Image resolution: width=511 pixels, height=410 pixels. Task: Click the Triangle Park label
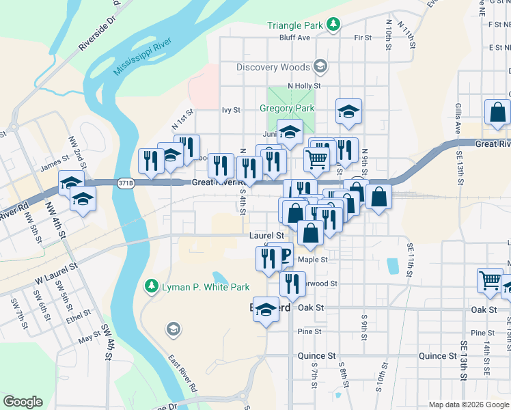[294, 25]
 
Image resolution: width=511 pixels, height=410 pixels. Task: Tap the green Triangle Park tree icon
[333, 25]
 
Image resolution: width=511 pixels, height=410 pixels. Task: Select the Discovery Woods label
[273, 67]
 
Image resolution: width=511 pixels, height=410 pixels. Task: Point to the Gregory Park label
[287, 108]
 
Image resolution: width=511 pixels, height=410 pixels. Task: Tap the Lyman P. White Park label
[205, 287]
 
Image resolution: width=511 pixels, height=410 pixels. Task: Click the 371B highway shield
[125, 182]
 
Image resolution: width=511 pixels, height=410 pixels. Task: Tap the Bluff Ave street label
[295, 38]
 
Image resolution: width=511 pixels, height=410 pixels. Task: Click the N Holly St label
[304, 85]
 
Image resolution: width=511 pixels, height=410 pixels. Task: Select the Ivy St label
[232, 109]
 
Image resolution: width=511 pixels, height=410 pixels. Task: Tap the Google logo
[23, 402]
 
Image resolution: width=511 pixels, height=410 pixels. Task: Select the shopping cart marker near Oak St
[491, 280]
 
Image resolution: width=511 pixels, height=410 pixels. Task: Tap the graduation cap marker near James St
[70, 182]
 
